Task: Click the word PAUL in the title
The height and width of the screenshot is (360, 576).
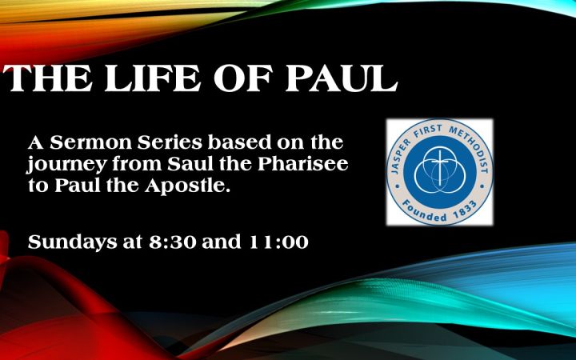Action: tap(342, 78)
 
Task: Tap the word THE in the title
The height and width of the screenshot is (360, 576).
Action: tap(48, 78)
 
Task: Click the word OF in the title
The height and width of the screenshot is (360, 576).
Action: tap(243, 78)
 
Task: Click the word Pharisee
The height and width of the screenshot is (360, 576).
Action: tap(302, 164)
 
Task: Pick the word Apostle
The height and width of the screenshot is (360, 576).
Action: tap(187, 186)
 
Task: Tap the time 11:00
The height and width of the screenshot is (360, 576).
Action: tap(278, 242)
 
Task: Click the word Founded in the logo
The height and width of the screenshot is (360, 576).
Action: tap(424, 211)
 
